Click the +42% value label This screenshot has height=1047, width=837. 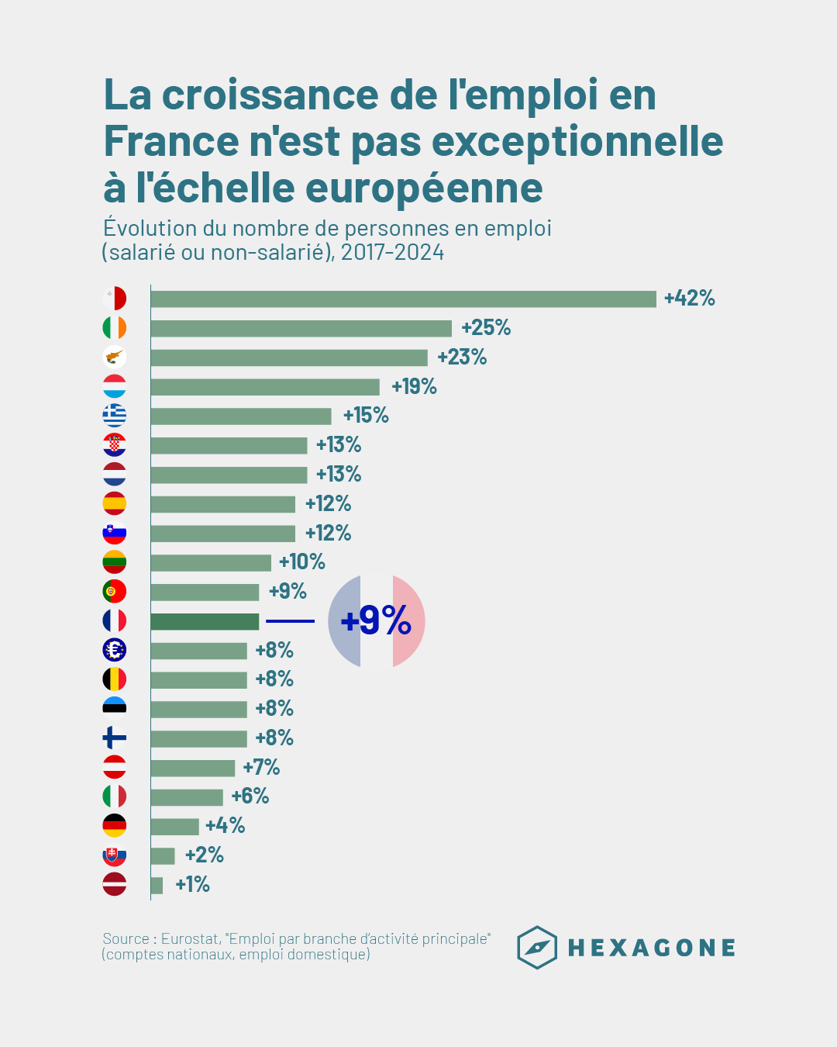(x=689, y=299)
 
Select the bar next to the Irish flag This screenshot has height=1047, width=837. (x=301, y=328)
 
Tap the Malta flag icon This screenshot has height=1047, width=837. (x=115, y=299)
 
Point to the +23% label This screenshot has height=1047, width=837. (x=462, y=358)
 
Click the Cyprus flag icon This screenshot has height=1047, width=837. (x=115, y=358)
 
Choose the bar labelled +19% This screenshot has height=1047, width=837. (x=265, y=387)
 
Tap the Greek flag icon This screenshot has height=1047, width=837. (x=115, y=416)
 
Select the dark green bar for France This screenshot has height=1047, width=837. (x=205, y=621)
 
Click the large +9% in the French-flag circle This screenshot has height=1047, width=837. (x=376, y=621)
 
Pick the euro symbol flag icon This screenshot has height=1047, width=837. (x=115, y=650)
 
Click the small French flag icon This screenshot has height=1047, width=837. (x=115, y=621)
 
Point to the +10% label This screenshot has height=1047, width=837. (x=301, y=562)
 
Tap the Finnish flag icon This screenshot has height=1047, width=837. (x=115, y=738)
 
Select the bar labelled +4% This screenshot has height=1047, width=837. (x=174, y=826)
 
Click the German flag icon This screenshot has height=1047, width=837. (x=115, y=826)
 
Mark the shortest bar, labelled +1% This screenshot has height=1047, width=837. (x=157, y=885)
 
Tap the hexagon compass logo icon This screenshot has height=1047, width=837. (x=537, y=947)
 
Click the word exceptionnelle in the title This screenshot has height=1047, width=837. (x=577, y=142)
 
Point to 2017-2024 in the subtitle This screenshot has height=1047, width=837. (x=392, y=252)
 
